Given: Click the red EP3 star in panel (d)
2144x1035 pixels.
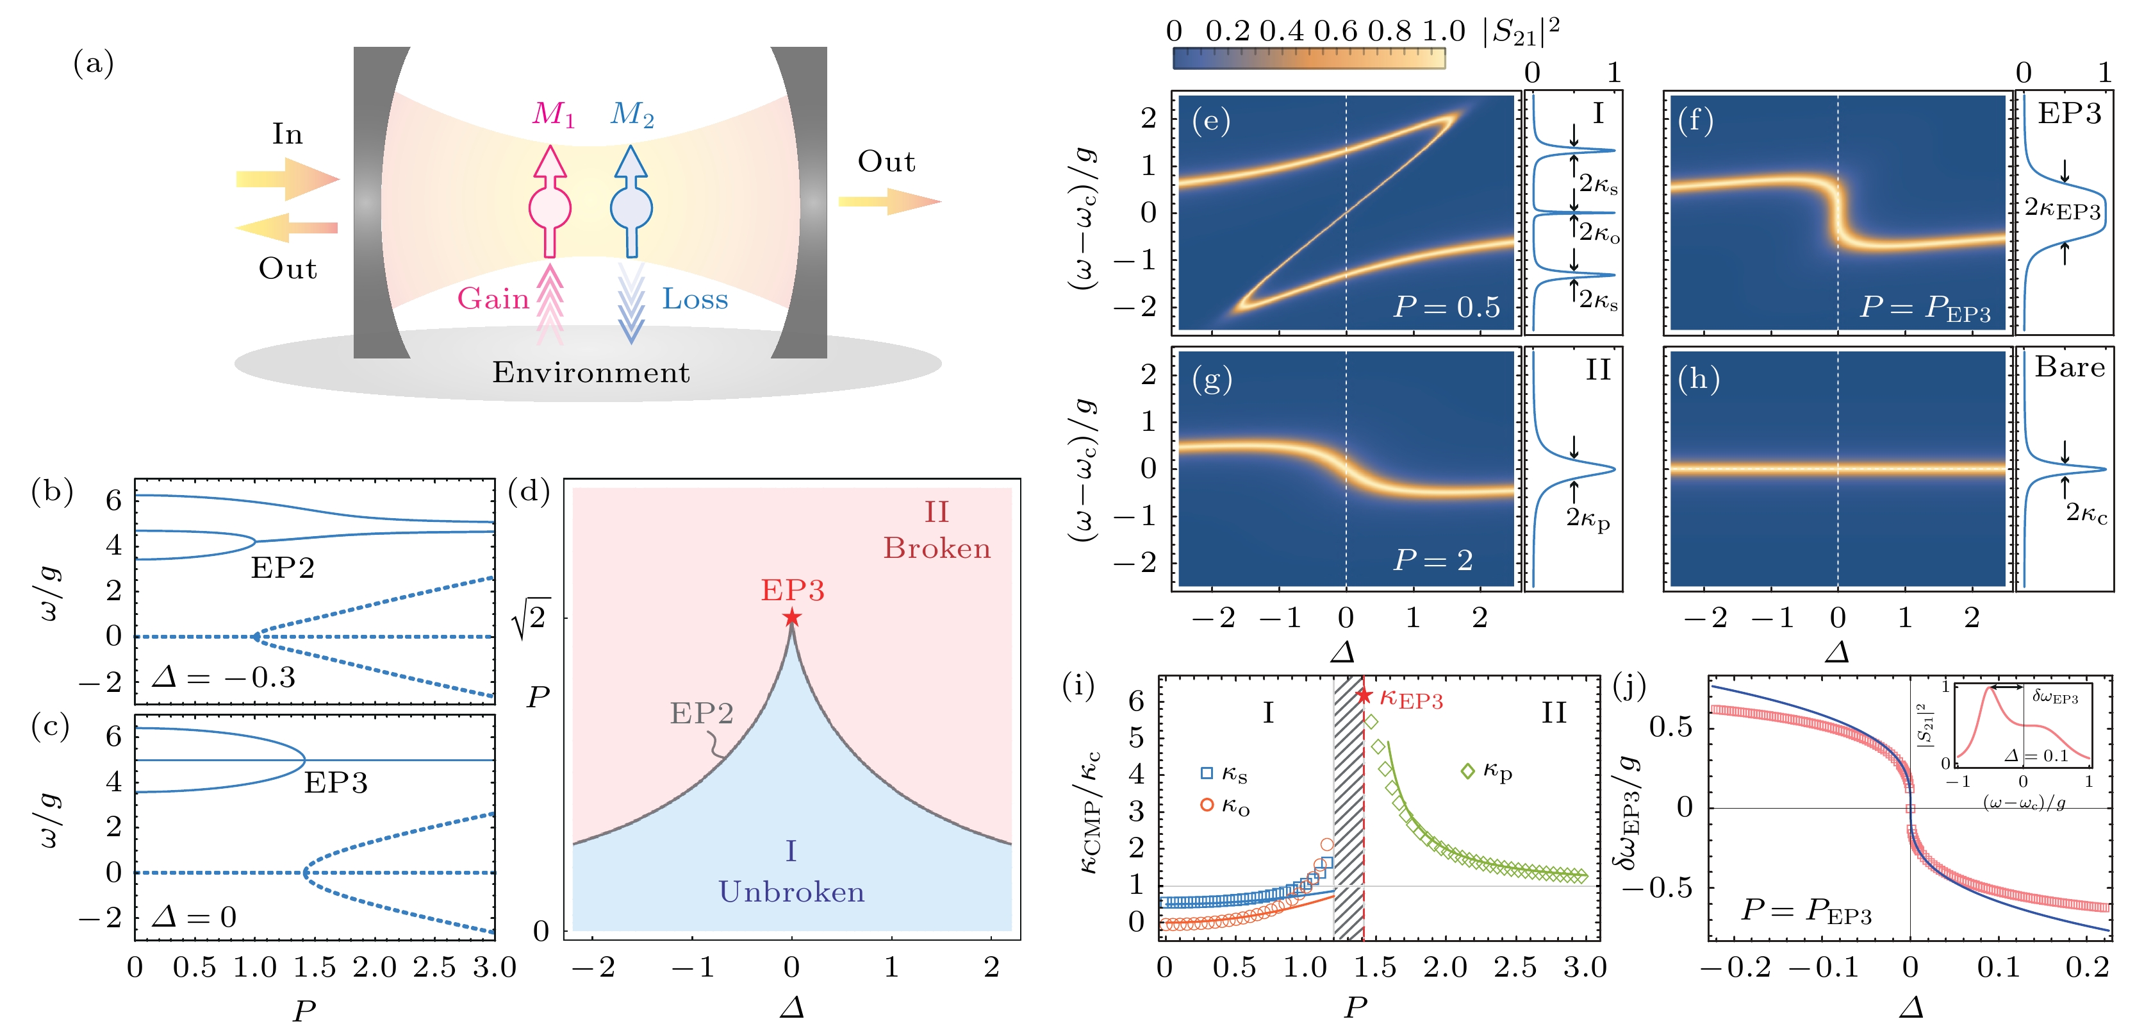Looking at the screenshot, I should click(791, 617).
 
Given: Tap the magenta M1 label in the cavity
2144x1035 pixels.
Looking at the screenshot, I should click(554, 114).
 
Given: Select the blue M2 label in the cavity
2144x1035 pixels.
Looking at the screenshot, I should click(632, 114).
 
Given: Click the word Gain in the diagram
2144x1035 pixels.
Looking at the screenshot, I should click(493, 298).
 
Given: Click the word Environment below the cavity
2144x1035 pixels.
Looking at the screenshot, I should click(590, 372).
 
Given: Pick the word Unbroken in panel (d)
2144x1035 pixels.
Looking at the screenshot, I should click(791, 892).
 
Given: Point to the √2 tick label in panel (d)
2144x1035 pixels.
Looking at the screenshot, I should click(531, 618).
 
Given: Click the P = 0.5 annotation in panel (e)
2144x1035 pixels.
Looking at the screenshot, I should click(1447, 307).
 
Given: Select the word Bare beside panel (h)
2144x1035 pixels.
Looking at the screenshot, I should click(2069, 367).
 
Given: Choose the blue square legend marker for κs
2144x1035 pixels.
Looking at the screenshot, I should click(1206, 773).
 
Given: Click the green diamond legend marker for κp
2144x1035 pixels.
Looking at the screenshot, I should click(1467, 771).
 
